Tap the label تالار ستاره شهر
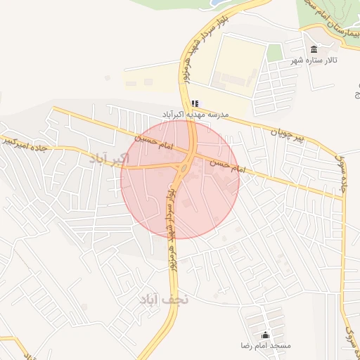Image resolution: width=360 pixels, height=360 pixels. point(314,61)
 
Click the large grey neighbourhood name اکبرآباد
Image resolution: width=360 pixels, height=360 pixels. point(110,157)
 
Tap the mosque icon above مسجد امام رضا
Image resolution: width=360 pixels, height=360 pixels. point(265,335)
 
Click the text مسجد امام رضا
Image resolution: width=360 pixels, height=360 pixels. point(266,347)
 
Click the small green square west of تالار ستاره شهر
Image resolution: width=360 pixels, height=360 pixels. point(275,52)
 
